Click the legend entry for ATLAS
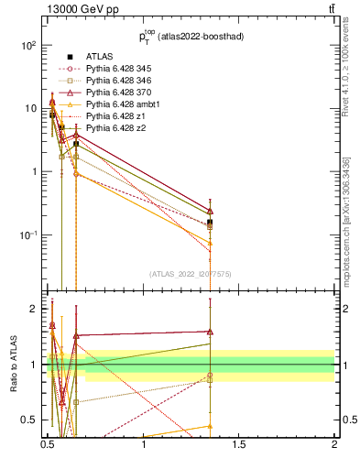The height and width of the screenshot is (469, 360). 99,57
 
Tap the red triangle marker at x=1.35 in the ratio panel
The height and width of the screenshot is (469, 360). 211,332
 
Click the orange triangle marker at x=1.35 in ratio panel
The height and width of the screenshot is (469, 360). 211,426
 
